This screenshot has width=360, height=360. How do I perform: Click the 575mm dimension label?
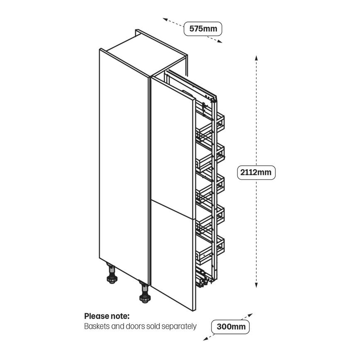coord(203,29)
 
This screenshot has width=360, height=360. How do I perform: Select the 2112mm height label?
coord(256,172)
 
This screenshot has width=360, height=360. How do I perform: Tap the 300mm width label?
coord(231,326)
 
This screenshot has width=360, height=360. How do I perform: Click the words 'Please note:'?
coord(107,316)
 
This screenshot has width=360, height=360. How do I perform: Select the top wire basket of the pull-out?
coord(212,126)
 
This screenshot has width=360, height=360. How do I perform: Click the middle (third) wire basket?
coord(212,187)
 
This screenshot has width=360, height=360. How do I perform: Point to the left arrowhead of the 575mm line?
coord(165,19)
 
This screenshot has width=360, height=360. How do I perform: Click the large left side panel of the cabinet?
coord(124,166)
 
